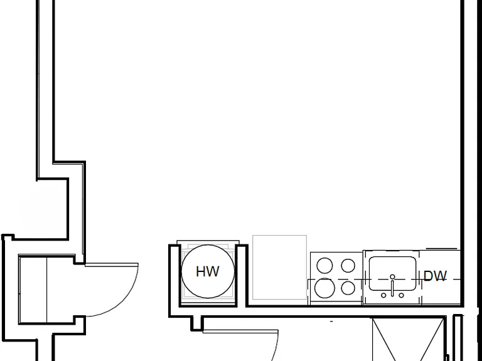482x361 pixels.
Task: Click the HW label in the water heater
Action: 208,271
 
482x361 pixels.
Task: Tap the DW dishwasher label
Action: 435,276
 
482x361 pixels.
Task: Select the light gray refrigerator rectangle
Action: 279,267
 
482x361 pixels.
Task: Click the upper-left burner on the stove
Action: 324,266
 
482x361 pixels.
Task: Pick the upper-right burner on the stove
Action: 348,266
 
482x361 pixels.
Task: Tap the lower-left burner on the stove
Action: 324,288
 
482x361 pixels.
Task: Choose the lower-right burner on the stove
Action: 348,288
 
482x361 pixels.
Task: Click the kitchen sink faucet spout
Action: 392,286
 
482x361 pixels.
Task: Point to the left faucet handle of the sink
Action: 383,295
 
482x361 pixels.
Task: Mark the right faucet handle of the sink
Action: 401,295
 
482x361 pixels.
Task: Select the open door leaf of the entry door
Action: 112,264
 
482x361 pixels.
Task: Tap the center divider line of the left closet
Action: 46,290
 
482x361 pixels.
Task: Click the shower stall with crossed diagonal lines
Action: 408,340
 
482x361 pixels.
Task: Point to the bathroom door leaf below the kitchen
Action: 240,331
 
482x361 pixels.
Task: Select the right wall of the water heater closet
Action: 241,275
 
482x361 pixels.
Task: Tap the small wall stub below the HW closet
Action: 196,323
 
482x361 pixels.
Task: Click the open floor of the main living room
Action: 257,117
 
